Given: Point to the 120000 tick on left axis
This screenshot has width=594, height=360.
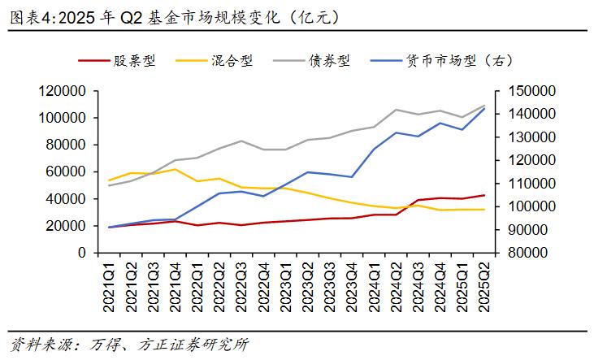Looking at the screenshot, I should coord(64,91).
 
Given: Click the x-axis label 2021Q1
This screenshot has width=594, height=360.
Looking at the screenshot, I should coord(109,284).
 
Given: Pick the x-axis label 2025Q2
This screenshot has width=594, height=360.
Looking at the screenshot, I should coord(483,284).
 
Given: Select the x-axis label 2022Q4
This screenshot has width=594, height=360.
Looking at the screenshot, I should coord(263,284).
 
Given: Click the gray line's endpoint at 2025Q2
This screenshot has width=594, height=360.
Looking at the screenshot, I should coord(483,106).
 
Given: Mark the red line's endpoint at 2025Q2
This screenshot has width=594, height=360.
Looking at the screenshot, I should coord(483,195).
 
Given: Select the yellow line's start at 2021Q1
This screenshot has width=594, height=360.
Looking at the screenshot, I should coord(109,180).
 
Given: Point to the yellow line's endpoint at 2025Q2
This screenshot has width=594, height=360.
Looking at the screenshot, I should coord(483,210).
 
